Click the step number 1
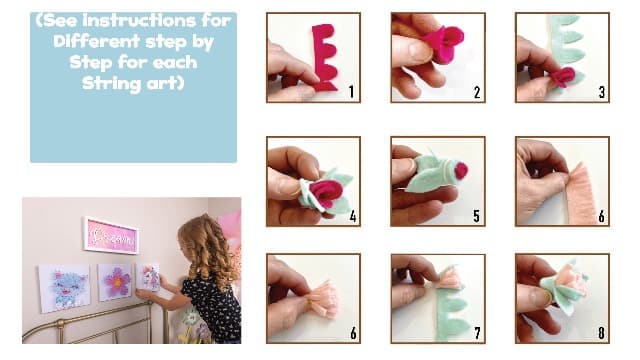(x=351, y=92)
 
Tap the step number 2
(x=477, y=93)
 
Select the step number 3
(x=602, y=92)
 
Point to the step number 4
(x=353, y=216)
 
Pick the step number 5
(x=476, y=216)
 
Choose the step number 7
(x=477, y=333)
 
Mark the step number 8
(x=601, y=333)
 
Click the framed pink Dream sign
(x=111, y=235)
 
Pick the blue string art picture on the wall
(x=64, y=288)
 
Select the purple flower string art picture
(x=115, y=282)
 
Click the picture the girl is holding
(x=149, y=278)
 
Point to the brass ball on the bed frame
(x=60, y=324)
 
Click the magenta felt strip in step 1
(x=325, y=57)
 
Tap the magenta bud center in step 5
(x=461, y=170)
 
